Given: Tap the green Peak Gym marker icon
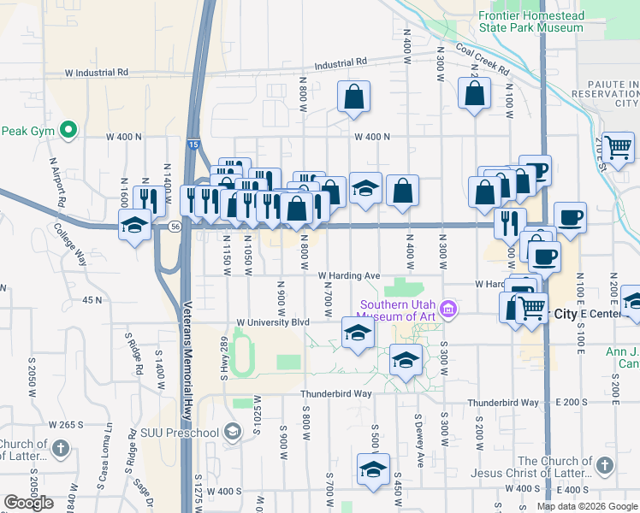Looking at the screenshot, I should click(x=69, y=131).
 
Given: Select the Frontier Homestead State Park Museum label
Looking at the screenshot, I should click(x=530, y=21).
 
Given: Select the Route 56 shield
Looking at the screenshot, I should click(x=175, y=227).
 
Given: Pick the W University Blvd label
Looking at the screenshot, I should click(x=272, y=323).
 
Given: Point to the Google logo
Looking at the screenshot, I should click(x=29, y=503).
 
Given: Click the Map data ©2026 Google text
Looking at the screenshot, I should click(x=587, y=506).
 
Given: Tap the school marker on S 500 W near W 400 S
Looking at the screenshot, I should click(x=372, y=469).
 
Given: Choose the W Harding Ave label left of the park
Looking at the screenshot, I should click(x=348, y=276).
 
